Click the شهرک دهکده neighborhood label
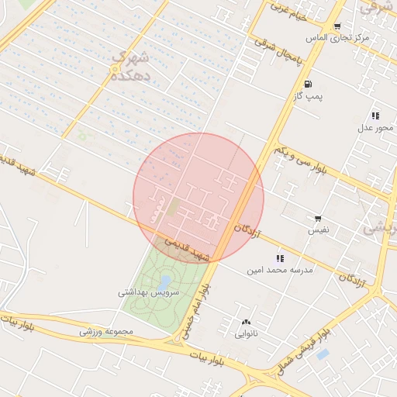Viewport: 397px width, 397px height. click(128, 67)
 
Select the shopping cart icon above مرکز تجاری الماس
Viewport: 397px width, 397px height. click(337, 26)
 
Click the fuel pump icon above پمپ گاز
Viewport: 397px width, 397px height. click(309, 84)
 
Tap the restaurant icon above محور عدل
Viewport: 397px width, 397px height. click(375, 116)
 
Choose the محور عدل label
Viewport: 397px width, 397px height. click(376, 127)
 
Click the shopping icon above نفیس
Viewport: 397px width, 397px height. click(318, 219)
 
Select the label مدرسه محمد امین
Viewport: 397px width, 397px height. click(279, 270)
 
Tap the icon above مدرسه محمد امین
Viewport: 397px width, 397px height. click(279, 258)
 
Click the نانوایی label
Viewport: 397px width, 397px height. click(247, 334)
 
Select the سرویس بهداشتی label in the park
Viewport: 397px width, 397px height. click(148, 292)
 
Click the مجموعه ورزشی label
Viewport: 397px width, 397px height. click(107, 332)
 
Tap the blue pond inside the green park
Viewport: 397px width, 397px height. click(164, 281)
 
